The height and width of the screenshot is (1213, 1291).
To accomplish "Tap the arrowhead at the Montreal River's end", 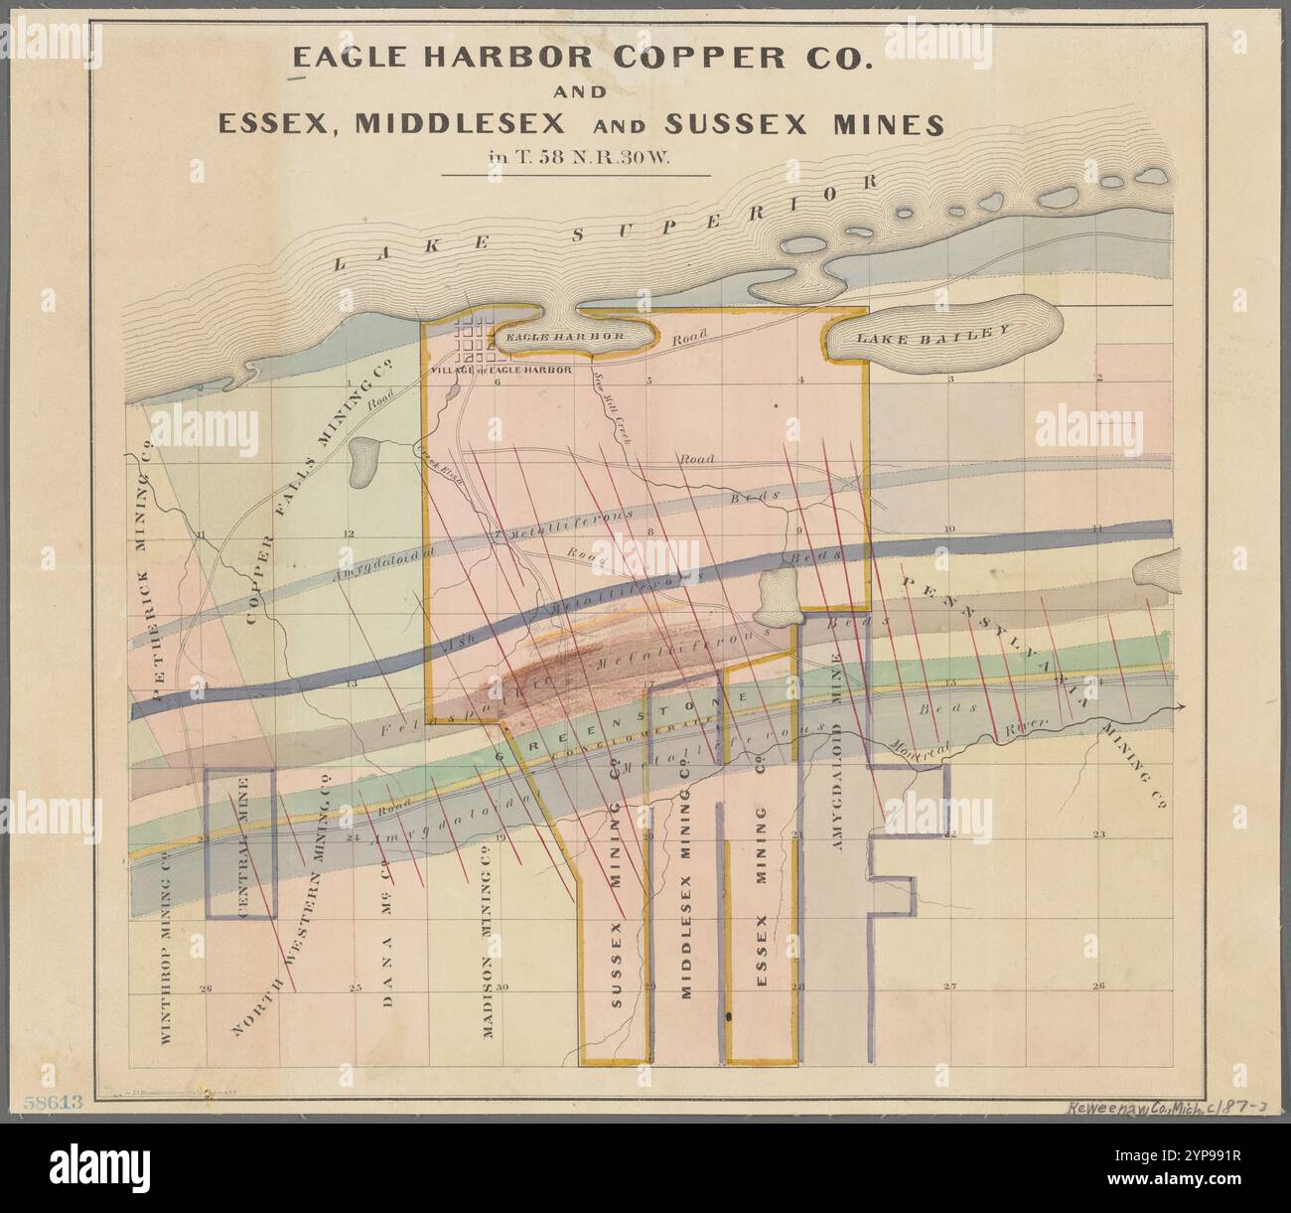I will (x=1179, y=707).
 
